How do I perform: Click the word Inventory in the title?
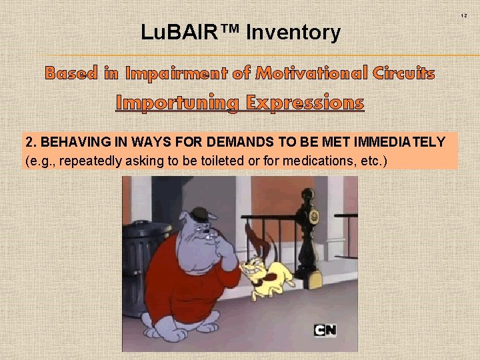(x=293, y=32)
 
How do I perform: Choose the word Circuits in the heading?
(x=404, y=73)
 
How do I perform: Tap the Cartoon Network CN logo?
(x=325, y=330)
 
